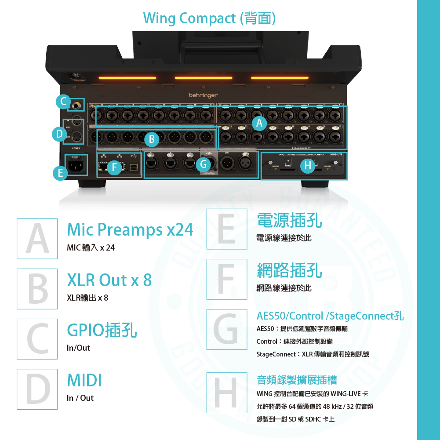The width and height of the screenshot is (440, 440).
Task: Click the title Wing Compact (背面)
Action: [x=209, y=18]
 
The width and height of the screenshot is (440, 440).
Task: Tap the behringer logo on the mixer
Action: [x=203, y=95]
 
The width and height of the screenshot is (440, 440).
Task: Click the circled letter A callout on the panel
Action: [x=259, y=124]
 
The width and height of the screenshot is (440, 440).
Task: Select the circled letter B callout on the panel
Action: [x=152, y=139]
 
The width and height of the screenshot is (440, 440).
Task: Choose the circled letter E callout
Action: [x=60, y=174]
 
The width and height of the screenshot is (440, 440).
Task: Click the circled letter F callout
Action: [x=114, y=167]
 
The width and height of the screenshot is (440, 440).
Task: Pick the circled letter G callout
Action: [x=203, y=165]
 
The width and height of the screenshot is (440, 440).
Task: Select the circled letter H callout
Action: [x=308, y=166]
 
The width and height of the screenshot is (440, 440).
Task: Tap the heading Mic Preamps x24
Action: [x=130, y=230]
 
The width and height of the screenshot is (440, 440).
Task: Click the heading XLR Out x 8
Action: [x=109, y=280]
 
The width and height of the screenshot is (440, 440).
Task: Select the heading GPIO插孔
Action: [x=102, y=330]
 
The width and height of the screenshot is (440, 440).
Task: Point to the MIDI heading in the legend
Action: [x=84, y=380]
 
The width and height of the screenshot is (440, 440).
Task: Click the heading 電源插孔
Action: [x=289, y=221]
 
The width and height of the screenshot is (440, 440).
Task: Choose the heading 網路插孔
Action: [x=289, y=271]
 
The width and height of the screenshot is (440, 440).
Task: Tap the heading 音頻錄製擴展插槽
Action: [x=297, y=380]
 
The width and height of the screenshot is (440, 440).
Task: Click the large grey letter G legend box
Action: [x=227, y=329]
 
